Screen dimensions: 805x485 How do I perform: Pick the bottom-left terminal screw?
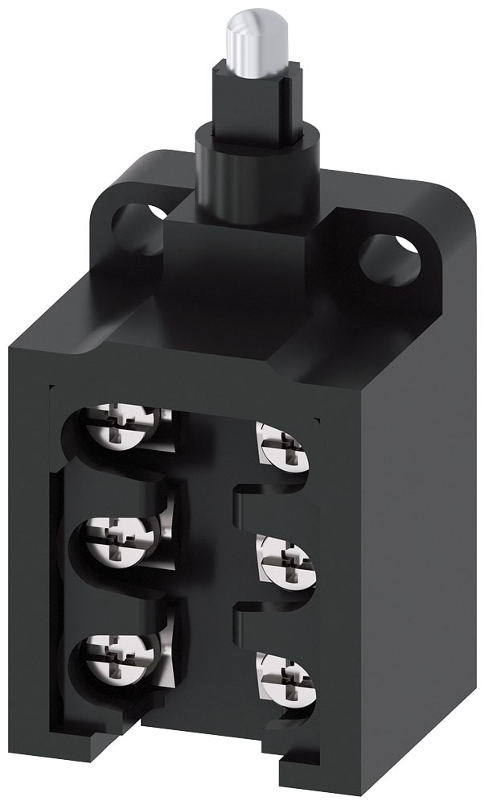pos(121,651)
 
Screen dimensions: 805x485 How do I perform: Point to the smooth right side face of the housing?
pos(402,523)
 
